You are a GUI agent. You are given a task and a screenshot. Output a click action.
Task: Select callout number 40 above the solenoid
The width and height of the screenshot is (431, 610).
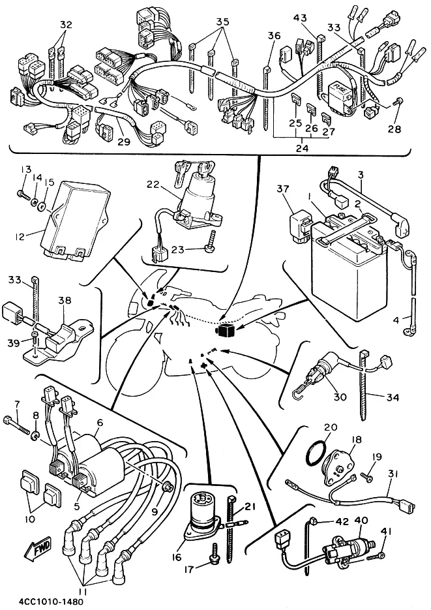coord(362,521)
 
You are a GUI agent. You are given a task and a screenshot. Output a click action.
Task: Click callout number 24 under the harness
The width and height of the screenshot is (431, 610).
coord(301,148)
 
